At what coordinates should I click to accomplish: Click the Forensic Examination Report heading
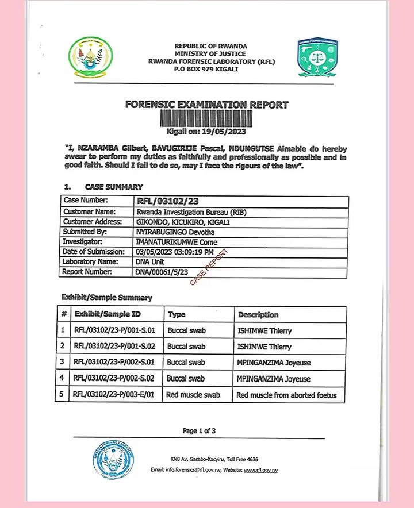click(x=206, y=105)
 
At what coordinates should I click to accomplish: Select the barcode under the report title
click(x=206, y=118)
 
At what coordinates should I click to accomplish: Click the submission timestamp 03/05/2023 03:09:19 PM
click(x=175, y=252)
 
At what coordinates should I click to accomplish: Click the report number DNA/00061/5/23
click(x=162, y=272)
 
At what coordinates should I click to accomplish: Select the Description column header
click(x=258, y=315)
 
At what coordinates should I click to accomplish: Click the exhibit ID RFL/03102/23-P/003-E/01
click(x=115, y=395)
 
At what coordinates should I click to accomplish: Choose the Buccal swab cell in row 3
click(x=186, y=363)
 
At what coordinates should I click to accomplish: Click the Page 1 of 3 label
click(x=199, y=430)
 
